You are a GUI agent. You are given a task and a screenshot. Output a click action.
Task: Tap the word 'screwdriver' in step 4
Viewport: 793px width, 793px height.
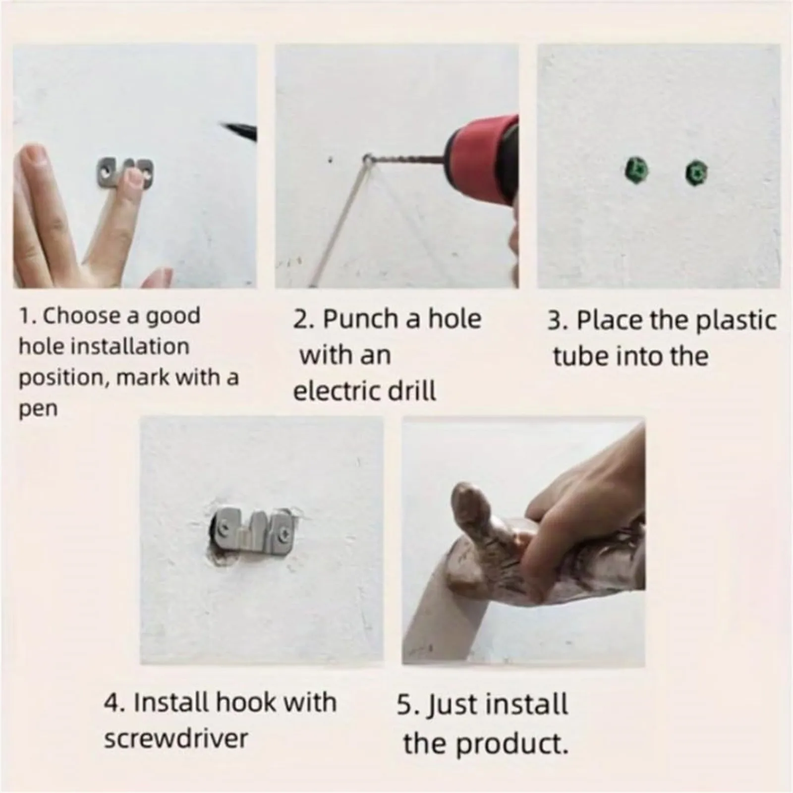pos(176,738)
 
